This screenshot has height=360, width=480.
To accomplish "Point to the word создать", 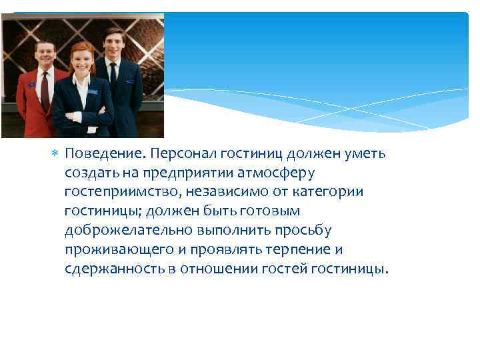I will click(88, 173).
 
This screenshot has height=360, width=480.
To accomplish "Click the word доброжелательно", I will click(130, 231).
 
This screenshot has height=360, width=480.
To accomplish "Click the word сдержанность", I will click(111, 269).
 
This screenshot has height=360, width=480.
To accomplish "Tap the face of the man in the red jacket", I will click(45, 54).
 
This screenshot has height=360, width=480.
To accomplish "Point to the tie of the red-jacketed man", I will click(45, 90).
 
